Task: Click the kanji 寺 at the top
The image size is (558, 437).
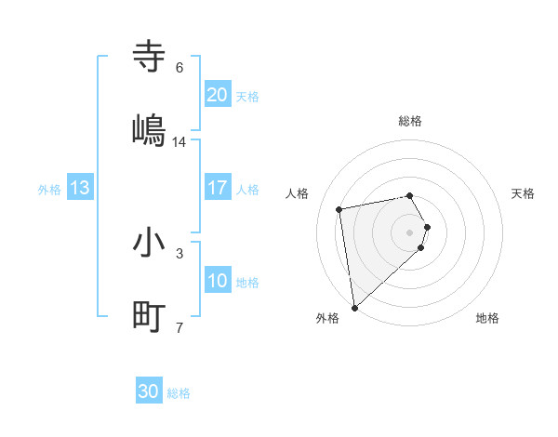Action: click(x=150, y=57)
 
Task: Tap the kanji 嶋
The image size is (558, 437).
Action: click(x=150, y=129)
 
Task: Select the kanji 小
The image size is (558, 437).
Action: click(x=150, y=243)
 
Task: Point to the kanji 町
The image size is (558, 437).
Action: click(x=150, y=316)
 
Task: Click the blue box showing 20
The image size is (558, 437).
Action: click(x=218, y=95)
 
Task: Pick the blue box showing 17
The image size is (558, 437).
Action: click(x=218, y=188)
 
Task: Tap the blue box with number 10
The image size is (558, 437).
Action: click(x=218, y=281)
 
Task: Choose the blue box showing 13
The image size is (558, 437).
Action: click(x=80, y=188)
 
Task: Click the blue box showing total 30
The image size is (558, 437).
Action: click(x=149, y=391)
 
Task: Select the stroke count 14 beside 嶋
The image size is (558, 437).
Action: click(x=179, y=141)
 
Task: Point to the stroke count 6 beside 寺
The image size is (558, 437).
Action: click(x=179, y=68)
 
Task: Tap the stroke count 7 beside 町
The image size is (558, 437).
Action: click(x=179, y=327)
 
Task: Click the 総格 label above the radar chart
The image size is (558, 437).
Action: click(x=410, y=121)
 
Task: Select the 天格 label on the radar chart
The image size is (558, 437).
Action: click(x=524, y=193)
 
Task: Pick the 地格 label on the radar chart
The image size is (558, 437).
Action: click(x=487, y=318)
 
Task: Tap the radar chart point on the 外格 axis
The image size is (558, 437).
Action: click(x=354, y=307)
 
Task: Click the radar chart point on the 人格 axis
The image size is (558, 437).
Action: click(x=339, y=208)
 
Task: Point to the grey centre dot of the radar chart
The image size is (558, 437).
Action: click(x=410, y=232)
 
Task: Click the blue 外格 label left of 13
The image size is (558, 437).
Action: click(x=49, y=189)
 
